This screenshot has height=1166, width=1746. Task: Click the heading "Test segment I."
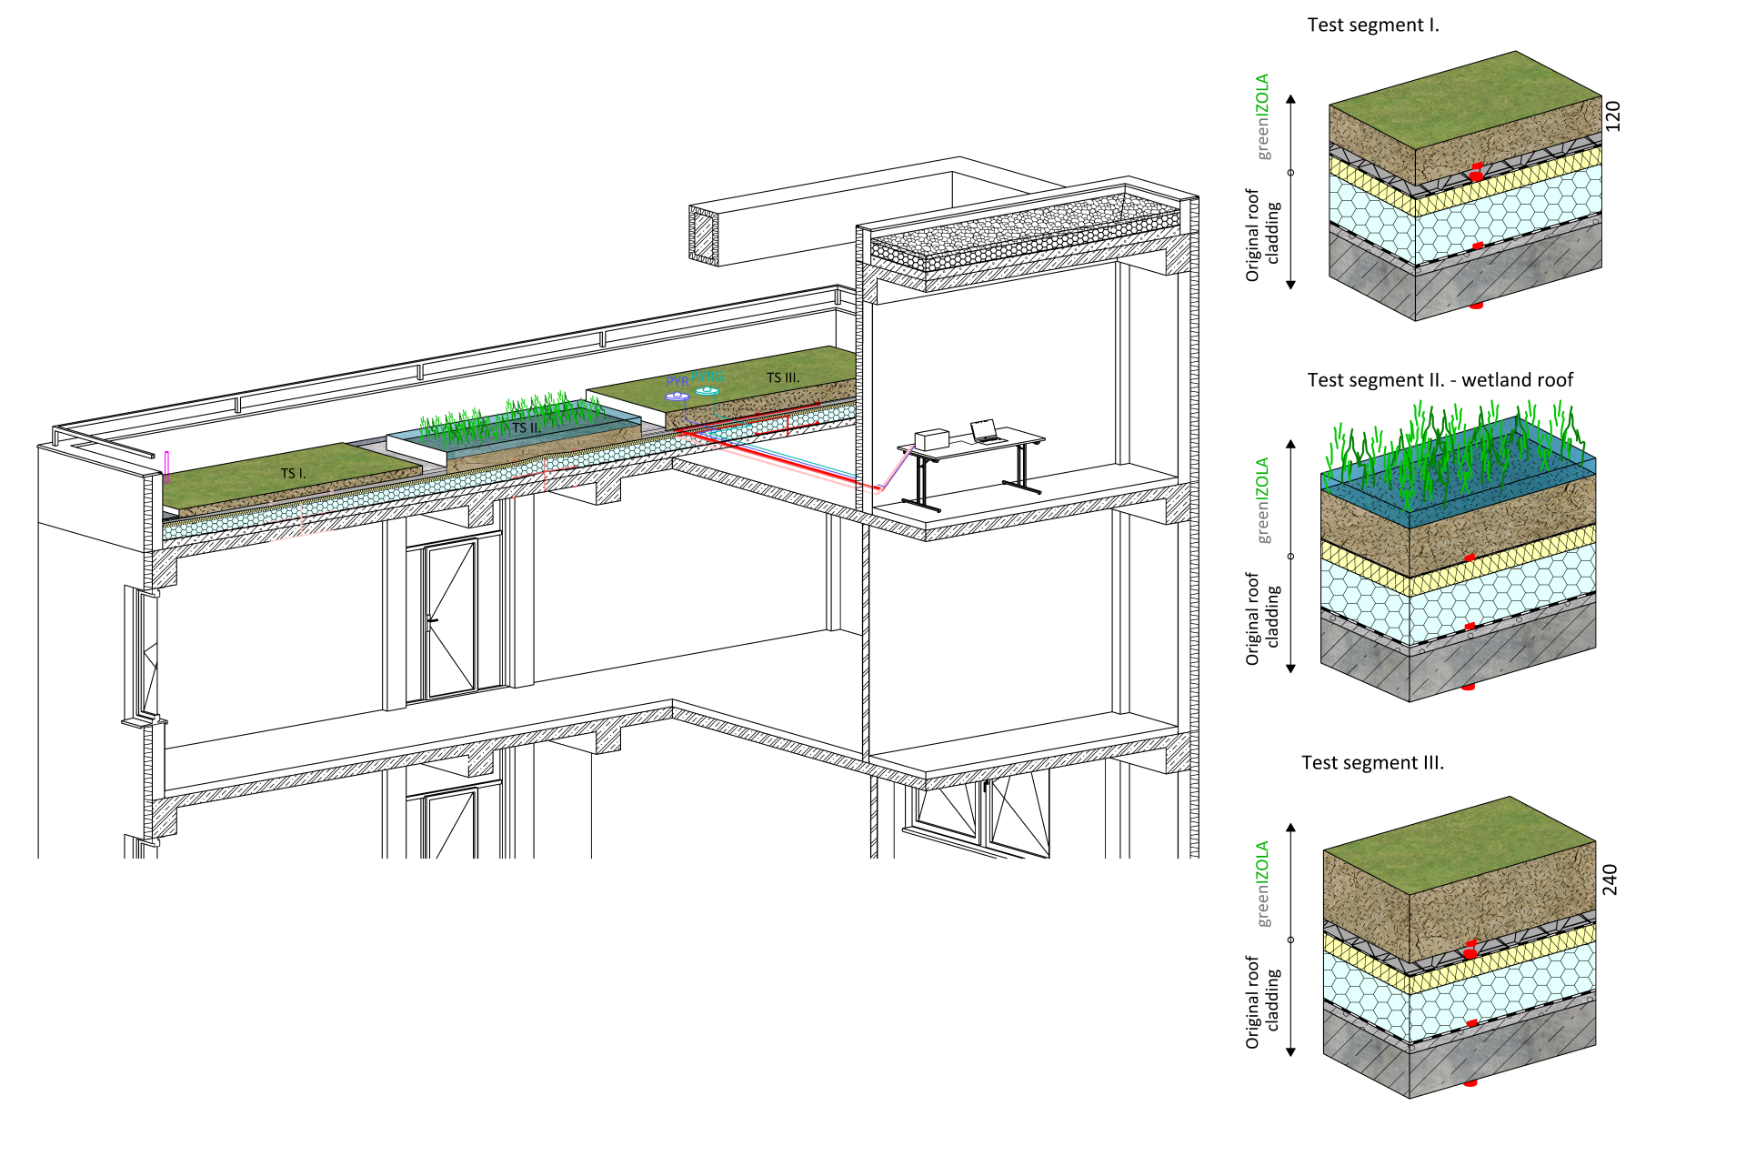tap(1372, 25)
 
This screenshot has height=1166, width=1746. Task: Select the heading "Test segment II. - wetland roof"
tap(1440, 380)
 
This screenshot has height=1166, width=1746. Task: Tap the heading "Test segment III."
tap(1372, 763)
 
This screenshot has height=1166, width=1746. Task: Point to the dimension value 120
tap(1612, 116)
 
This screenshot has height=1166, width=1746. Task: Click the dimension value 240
tap(1610, 880)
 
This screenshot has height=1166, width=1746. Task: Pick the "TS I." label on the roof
tap(293, 473)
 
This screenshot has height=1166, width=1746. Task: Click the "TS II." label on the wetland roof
tap(526, 427)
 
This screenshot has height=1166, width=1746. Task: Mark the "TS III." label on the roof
tap(783, 377)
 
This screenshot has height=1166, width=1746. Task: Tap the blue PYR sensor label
tap(677, 382)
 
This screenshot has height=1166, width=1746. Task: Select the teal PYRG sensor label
tap(707, 377)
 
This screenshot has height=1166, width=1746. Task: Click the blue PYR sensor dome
tap(677, 397)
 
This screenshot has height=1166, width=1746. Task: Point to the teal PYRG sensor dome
tap(707, 391)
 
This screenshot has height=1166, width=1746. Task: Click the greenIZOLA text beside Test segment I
tap(1263, 116)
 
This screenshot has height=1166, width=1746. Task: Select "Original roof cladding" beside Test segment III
tap(1262, 1001)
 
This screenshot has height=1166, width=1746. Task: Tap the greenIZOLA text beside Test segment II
tap(1262, 500)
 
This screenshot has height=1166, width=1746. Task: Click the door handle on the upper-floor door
tap(433, 621)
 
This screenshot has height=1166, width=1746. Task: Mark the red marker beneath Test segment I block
tap(1476, 306)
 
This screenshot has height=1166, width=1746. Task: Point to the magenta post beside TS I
tap(167, 467)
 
